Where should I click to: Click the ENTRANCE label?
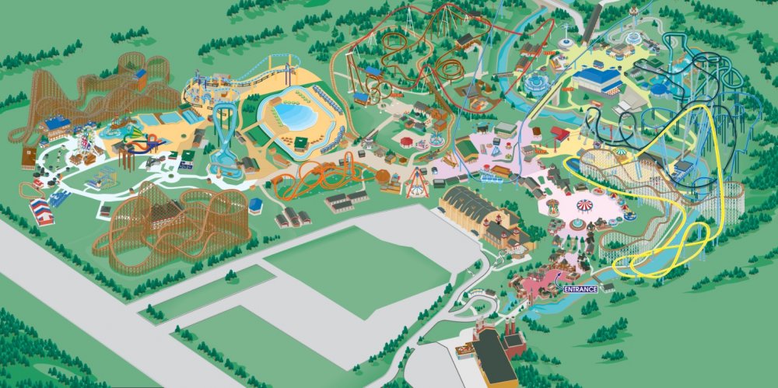click(x=580, y=288)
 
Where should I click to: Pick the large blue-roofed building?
click(x=598, y=79)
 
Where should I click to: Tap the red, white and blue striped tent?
click(x=41, y=211)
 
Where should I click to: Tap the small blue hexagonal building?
click(x=255, y=206)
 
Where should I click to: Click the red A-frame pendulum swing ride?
click(x=418, y=183)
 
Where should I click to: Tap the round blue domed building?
click(x=537, y=81)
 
